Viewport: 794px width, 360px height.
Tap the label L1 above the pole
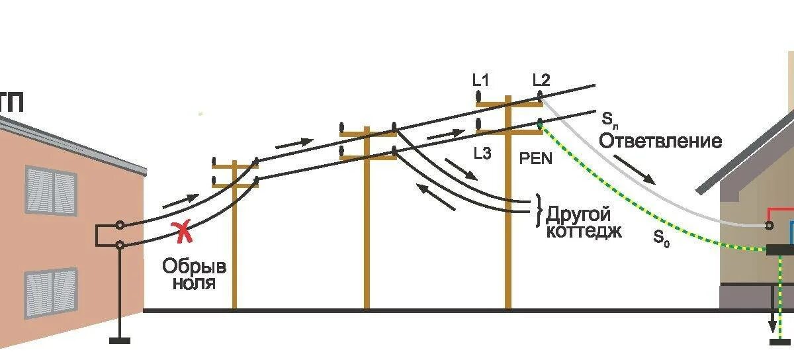pos(480,81)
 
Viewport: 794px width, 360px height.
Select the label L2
pos(541,81)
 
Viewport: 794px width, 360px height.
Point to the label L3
pos(482,153)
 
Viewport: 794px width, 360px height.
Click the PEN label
pos(537,159)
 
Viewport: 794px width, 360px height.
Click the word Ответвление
pos(660,142)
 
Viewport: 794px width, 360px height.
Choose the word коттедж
pos(584,231)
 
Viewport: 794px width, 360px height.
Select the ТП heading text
pos(11,105)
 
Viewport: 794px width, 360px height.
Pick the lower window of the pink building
pos(51,292)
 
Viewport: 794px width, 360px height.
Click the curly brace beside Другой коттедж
pos(539,205)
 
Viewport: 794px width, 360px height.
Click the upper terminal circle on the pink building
pos(120,226)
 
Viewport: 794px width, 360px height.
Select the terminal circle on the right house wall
pos(769,226)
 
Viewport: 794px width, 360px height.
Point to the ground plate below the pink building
pos(120,341)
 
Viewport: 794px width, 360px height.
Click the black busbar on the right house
pos(780,250)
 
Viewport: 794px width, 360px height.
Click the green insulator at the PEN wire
pos(540,123)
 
